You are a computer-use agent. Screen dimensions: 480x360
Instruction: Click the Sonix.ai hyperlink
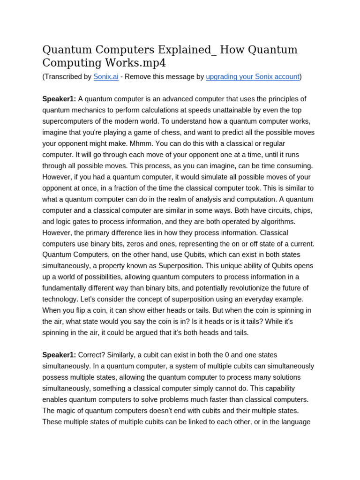tap(105, 77)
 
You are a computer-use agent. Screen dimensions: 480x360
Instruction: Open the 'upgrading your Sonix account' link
tap(252, 77)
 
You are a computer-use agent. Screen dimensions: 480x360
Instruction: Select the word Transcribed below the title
tap(64, 77)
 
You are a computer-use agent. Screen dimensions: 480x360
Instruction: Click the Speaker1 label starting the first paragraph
tap(59, 99)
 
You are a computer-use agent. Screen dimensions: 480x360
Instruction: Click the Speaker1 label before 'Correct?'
tap(59, 355)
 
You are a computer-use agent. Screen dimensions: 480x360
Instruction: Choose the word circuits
tap(270, 210)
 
